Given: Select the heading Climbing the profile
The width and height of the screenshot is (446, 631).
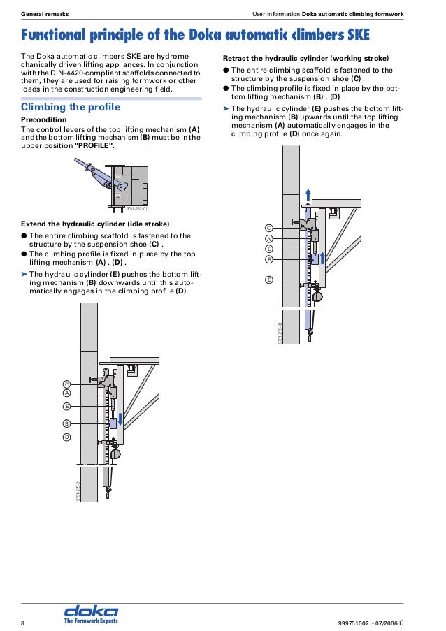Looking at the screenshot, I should point(71,108).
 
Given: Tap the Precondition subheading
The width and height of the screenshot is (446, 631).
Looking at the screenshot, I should point(44,120).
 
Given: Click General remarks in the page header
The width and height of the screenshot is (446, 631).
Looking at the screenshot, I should point(45,15).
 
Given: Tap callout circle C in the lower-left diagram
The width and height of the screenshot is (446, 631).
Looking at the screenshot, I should point(66,384).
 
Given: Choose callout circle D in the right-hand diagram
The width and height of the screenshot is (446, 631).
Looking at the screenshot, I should point(268,280).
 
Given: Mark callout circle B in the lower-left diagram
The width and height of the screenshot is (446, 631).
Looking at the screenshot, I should point(66,423).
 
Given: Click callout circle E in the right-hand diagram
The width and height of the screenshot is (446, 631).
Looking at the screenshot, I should point(268,248).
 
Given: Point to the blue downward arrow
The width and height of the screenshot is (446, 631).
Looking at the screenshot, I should point(120,419).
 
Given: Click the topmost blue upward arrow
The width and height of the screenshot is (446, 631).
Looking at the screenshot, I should point(308,194).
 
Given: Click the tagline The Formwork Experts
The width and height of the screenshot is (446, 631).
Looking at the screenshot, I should point(91,621).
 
